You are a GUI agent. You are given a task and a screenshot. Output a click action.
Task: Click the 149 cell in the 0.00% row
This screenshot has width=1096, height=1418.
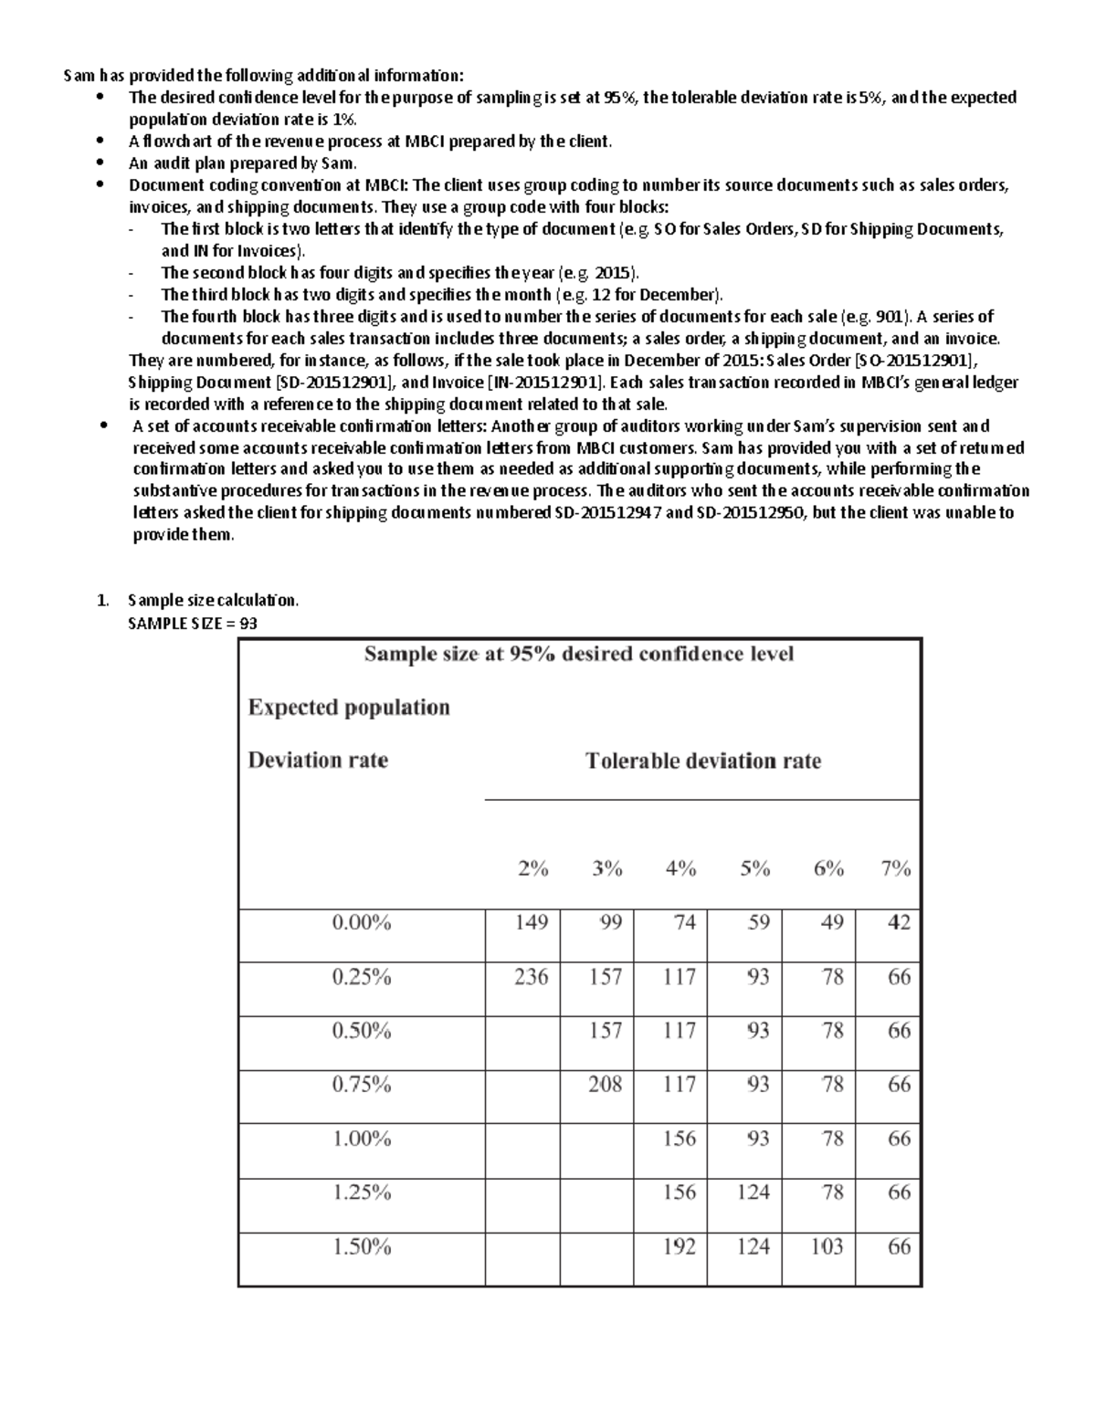(x=531, y=922)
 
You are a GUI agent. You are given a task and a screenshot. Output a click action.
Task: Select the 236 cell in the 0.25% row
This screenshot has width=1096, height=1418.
(x=531, y=976)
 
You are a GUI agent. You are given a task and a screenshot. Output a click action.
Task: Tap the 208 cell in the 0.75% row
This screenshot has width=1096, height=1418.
(x=606, y=1084)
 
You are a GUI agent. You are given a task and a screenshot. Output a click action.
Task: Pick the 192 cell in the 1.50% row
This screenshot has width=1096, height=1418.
(x=680, y=1246)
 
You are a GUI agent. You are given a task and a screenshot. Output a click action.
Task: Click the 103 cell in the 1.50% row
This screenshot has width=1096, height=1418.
(x=827, y=1246)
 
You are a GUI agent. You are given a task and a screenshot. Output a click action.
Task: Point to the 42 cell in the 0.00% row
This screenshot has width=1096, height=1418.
(x=899, y=922)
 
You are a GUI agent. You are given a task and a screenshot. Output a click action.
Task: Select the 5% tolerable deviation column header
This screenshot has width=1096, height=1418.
(x=754, y=869)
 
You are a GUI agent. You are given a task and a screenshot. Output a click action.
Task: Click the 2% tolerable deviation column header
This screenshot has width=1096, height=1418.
(x=532, y=869)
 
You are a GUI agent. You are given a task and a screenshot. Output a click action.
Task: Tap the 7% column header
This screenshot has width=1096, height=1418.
(x=896, y=869)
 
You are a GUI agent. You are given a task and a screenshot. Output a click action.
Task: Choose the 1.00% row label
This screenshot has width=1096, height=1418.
(x=362, y=1139)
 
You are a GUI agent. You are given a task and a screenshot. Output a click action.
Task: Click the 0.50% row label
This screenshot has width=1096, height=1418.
(x=362, y=1031)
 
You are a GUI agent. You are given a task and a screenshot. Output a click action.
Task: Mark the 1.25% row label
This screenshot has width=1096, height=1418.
(x=362, y=1192)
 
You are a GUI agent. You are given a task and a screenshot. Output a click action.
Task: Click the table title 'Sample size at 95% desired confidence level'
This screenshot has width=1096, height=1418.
(x=579, y=654)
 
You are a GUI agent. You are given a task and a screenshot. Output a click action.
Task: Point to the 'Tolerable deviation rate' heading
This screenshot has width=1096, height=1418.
(x=702, y=761)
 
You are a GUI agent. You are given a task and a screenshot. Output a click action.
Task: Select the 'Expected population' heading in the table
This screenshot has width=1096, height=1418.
(x=349, y=708)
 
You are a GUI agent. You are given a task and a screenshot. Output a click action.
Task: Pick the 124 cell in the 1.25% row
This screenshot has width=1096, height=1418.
(x=753, y=1192)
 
